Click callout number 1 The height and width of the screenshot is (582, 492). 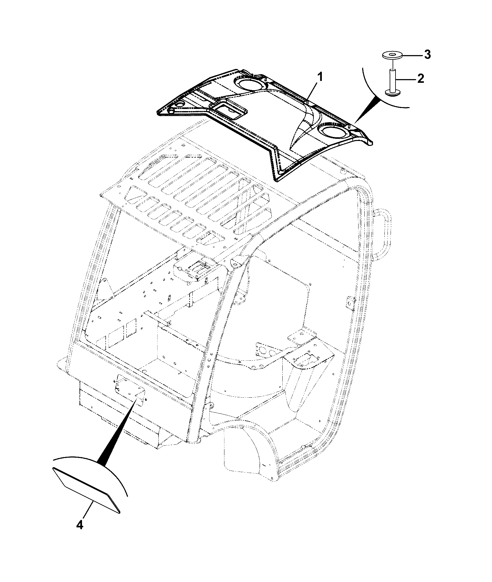(x=320, y=76)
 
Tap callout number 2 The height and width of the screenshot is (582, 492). (x=420, y=78)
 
